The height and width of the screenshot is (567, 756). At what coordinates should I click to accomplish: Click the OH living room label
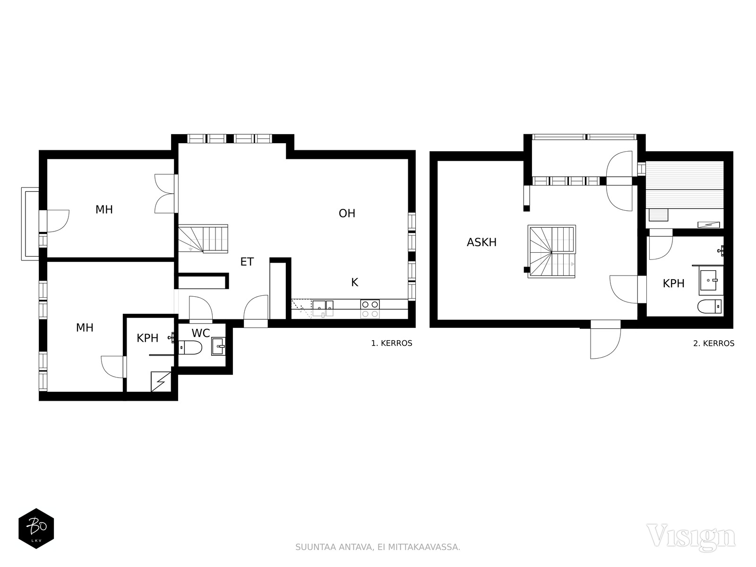[x=347, y=214]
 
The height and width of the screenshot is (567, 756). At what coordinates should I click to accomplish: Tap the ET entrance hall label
[x=247, y=262]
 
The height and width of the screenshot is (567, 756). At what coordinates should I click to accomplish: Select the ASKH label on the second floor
[x=481, y=242]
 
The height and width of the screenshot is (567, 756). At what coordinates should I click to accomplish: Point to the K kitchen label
[x=354, y=282]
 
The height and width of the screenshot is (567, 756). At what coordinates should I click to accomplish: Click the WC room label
[x=201, y=333]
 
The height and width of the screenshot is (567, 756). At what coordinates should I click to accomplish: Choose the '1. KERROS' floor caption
[x=392, y=343]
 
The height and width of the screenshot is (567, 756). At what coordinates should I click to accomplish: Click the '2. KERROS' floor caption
[x=713, y=343]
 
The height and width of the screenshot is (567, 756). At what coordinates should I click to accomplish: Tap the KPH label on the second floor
[x=673, y=283]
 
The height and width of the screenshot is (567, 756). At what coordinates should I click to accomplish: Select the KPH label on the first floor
[x=147, y=338]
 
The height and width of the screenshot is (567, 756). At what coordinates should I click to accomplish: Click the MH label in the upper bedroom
[x=104, y=209]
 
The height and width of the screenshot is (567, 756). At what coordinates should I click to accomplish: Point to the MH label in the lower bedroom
[x=85, y=327]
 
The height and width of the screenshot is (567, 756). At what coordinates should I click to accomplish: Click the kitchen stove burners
[x=370, y=309]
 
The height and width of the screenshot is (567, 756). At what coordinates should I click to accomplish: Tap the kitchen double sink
[x=323, y=308]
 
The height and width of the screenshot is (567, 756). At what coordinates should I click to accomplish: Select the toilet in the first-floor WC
[x=190, y=347]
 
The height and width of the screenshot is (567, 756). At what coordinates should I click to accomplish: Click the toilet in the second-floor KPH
[x=710, y=306]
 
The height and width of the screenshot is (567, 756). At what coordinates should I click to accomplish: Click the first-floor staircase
[x=203, y=239]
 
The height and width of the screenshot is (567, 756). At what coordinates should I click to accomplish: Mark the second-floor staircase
[x=552, y=251]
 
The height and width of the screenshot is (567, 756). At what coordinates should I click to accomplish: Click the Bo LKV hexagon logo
[x=36, y=528]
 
